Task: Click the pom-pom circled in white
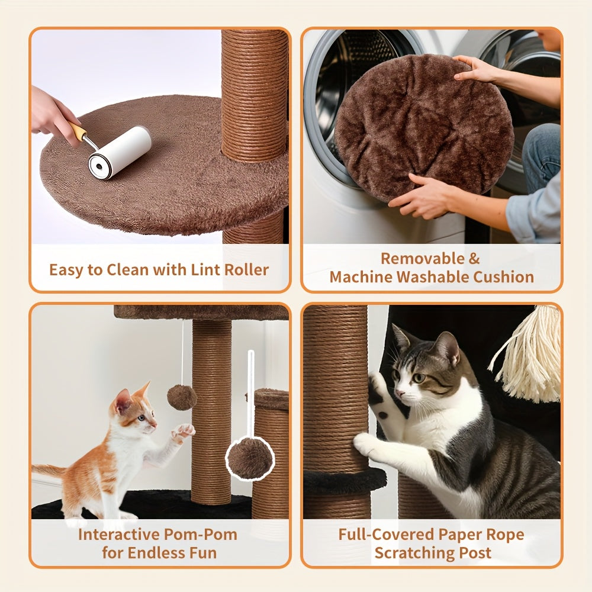[x=250, y=458]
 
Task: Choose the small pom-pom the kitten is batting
[x=181, y=397]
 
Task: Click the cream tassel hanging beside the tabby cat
[x=530, y=355]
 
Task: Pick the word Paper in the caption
[x=459, y=535]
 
